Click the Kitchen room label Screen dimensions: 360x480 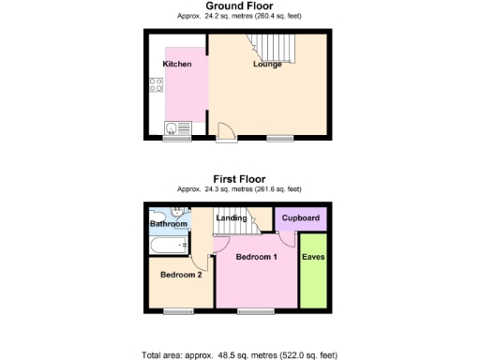[177, 65]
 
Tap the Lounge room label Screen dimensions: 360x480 [267, 65]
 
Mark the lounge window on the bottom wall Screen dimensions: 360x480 [279, 139]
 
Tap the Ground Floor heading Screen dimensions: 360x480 [239, 7]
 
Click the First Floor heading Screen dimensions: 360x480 [239, 178]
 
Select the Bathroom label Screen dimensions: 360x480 [169, 224]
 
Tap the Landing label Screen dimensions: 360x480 [232, 219]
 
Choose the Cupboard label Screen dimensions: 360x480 [300, 218]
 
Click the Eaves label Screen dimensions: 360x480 [313, 255]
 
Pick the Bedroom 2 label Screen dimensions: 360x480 [181, 275]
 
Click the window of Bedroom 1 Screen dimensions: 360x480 [254, 310]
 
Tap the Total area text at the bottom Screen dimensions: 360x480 [239, 355]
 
